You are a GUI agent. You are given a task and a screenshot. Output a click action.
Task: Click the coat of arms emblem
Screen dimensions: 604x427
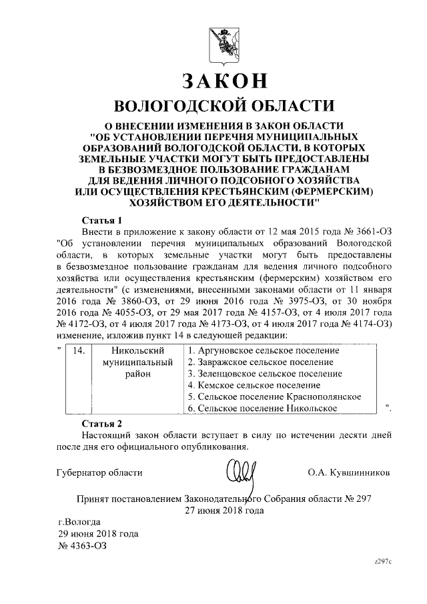click(x=223, y=44)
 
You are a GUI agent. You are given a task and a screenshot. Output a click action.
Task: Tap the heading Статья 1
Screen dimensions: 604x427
click(x=102, y=219)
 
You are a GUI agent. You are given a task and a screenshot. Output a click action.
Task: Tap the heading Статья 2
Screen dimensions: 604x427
click(x=102, y=423)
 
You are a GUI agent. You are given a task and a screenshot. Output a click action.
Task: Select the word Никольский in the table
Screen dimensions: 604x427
click(x=138, y=350)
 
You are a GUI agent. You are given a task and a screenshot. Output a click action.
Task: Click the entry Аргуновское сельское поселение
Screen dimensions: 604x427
click(x=264, y=350)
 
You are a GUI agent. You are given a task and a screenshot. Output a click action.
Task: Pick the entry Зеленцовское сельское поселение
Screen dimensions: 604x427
click(x=265, y=373)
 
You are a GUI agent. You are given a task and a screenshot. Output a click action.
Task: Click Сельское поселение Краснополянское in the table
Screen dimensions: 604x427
click(x=274, y=396)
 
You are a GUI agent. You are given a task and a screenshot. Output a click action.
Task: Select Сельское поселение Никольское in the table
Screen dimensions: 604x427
click(x=262, y=408)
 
